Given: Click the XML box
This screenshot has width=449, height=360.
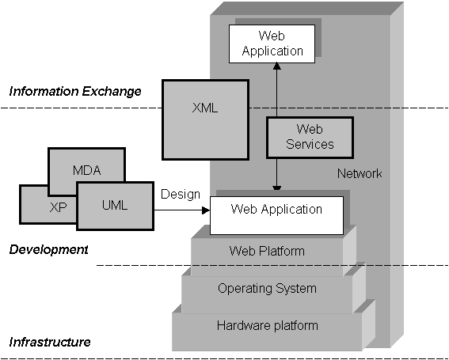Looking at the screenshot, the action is click(205, 119).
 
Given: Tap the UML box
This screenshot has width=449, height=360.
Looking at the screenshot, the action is click(115, 206).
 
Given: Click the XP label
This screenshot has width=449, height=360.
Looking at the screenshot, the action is click(58, 207).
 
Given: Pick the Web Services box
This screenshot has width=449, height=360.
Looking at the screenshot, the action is click(310, 138).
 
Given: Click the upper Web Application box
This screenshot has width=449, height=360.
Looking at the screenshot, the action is click(272, 44).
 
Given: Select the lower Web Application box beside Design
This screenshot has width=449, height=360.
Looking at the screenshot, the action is click(276, 215).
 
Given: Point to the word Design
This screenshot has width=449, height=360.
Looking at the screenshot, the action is click(181, 195).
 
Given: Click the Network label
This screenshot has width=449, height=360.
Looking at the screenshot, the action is click(360, 174).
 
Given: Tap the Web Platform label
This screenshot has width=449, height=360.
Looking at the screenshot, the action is click(267, 252).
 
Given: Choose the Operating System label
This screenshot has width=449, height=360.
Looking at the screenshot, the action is click(267, 289).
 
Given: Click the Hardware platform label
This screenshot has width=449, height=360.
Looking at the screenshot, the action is click(268, 326).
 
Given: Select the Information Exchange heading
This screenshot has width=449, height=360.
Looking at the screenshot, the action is click(75, 91).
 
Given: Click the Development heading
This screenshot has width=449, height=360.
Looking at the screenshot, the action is click(48, 250).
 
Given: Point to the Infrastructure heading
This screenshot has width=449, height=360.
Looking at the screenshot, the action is click(50, 342).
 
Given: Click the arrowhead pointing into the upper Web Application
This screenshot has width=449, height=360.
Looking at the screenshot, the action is click(277, 66).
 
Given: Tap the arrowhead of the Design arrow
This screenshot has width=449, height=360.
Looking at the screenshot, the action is click(206, 210).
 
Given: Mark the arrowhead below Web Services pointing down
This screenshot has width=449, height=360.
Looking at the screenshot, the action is click(277, 188).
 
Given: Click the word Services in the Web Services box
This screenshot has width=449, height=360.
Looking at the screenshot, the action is click(310, 144).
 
